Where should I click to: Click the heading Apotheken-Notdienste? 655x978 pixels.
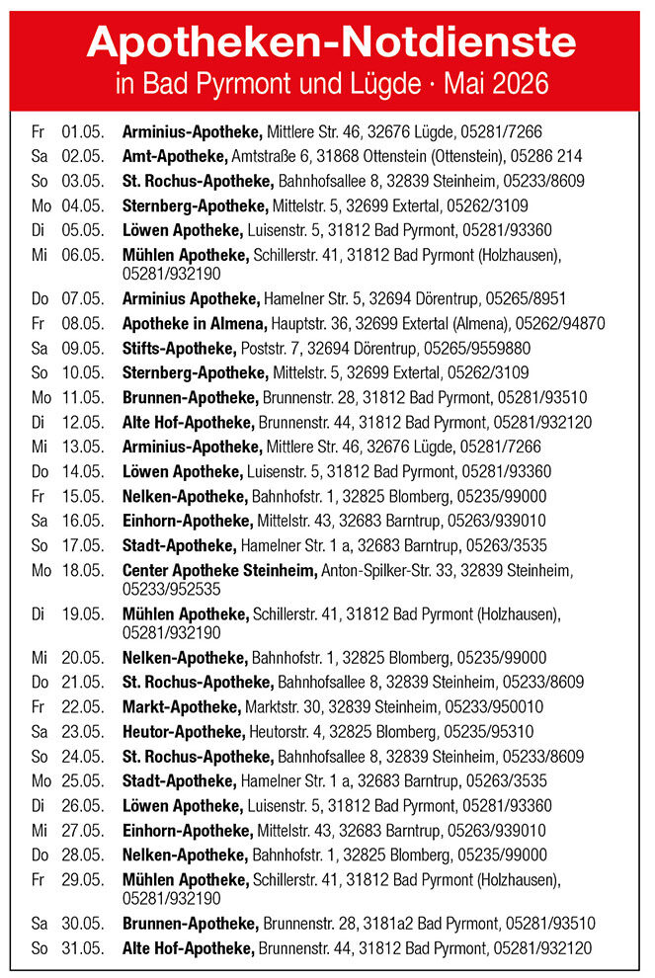pyautogui.click(x=331, y=41)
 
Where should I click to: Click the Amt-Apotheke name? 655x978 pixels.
pyautogui.click(x=175, y=156)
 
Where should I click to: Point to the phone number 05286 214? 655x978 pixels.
pyautogui.click(x=547, y=156)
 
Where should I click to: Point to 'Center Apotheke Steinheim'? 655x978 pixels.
pyautogui.click(x=219, y=570)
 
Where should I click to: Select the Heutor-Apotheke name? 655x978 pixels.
pyautogui.click(x=183, y=731)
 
